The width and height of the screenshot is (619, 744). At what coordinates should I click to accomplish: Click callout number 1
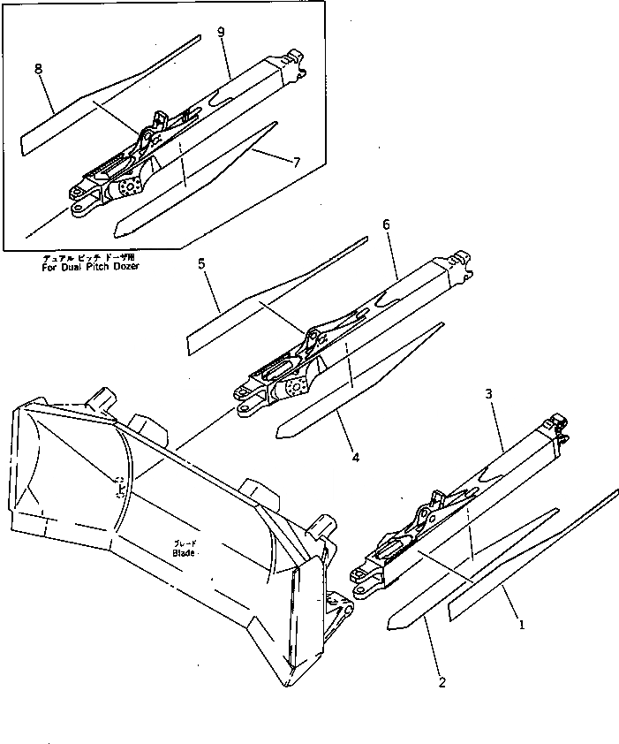pyautogui.click(x=523, y=625)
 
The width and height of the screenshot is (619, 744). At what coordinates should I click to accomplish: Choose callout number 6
pyautogui.click(x=386, y=225)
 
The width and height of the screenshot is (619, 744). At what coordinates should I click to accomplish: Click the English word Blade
pyautogui.click(x=184, y=553)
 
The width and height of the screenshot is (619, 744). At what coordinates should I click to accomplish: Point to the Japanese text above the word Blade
pyautogui.click(x=185, y=544)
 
